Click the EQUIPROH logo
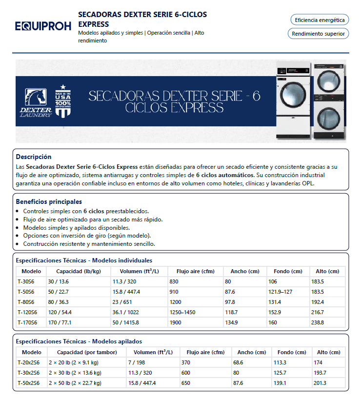[x=43, y=26]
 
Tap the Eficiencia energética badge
[x=320, y=20]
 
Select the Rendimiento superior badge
[x=319, y=34]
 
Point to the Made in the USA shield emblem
[x=62, y=100]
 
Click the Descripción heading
[x=34, y=157]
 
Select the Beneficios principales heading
[x=49, y=201]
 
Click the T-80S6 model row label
[x=26, y=302]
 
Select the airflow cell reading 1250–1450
[x=182, y=312]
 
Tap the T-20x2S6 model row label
[x=29, y=362]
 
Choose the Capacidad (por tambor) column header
[x=87, y=352]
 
